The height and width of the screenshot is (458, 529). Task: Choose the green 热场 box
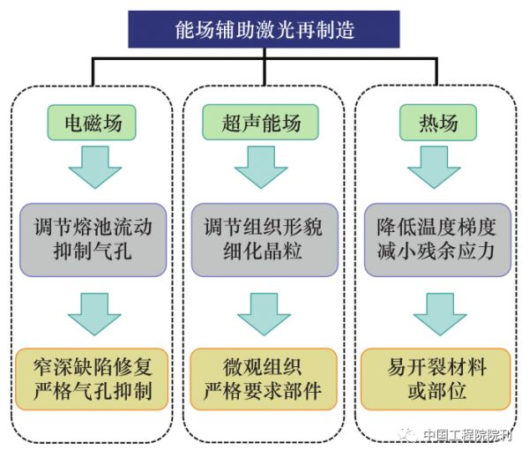pyautogui.click(x=438, y=122)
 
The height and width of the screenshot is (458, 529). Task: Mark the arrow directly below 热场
pyautogui.click(x=438, y=168)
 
